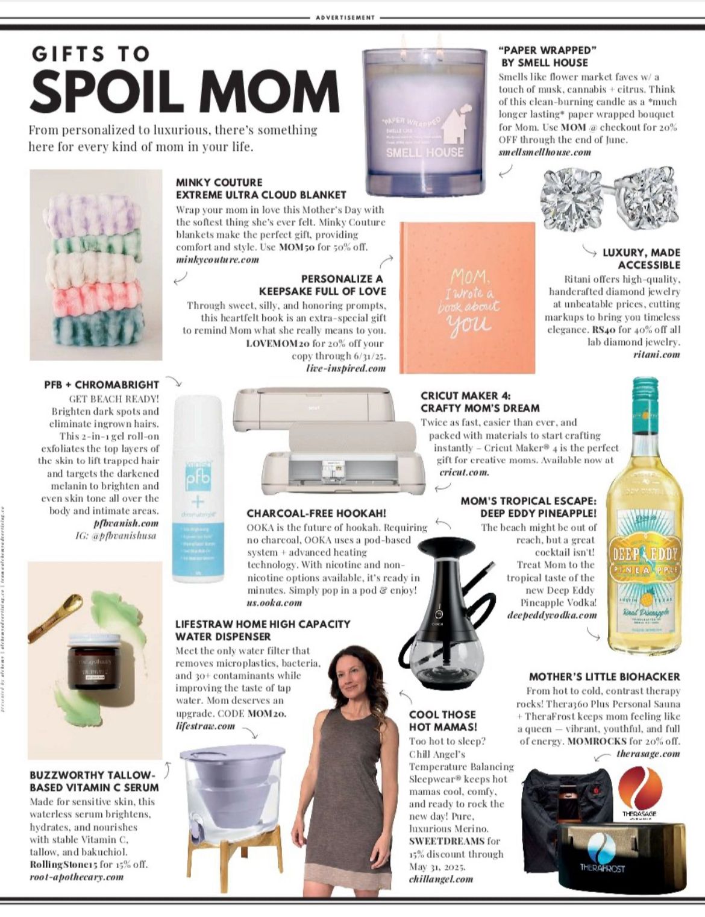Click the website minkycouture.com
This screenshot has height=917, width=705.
[218, 260]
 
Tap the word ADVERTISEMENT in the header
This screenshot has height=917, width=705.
[345, 17]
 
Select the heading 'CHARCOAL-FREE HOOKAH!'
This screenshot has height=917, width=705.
[316, 514]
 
